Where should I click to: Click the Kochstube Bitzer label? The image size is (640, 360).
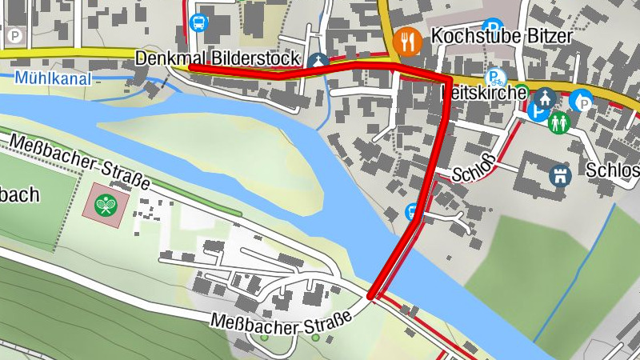(501, 37)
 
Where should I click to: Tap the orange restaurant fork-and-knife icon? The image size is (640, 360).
(408, 41)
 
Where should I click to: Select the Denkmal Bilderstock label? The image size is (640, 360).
(218, 58)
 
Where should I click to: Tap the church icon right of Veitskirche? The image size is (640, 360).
(546, 97)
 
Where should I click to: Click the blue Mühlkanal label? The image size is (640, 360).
(53, 78)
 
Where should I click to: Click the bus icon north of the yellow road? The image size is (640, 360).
(198, 22)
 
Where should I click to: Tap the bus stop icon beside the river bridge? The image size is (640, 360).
(413, 212)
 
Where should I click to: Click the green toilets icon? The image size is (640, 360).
(558, 122)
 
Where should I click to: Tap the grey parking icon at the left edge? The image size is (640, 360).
(14, 36)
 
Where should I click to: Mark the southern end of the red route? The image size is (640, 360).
(371, 298)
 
